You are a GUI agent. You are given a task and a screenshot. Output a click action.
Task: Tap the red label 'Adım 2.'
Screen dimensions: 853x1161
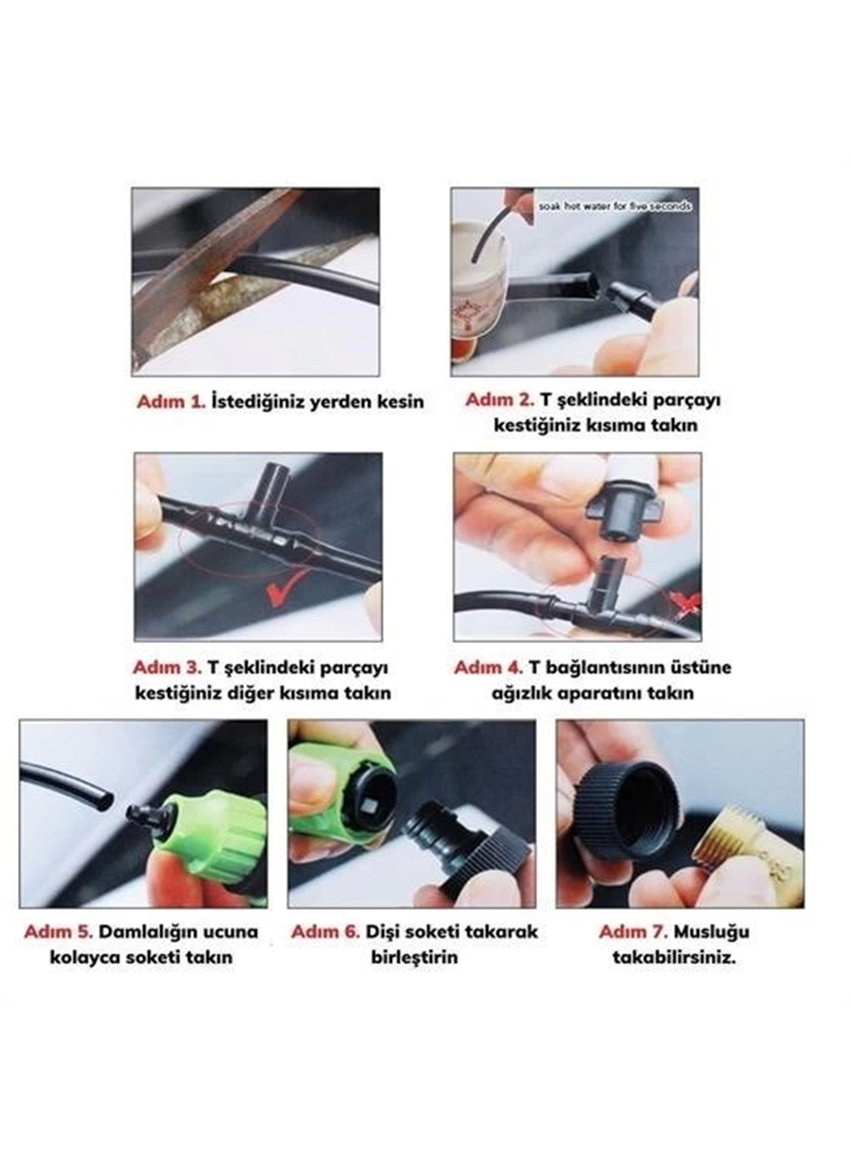pyautogui.click(x=500, y=400)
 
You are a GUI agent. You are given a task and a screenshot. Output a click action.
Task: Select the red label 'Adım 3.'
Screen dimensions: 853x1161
pyautogui.click(x=167, y=667)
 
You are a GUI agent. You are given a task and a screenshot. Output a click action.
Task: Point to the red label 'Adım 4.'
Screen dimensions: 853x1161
pyautogui.click(x=488, y=667)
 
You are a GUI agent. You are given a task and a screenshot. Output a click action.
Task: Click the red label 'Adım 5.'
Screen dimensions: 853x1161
pyautogui.click(x=59, y=932)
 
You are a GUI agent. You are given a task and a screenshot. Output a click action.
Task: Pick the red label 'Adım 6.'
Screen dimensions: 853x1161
pyautogui.click(x=326, y=932)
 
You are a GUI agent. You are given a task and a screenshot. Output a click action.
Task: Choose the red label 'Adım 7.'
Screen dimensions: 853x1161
pyautogui.click(x=633, y=932)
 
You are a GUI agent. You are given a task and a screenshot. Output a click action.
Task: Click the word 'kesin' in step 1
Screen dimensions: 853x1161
pyautogui.click(x=400, y=402)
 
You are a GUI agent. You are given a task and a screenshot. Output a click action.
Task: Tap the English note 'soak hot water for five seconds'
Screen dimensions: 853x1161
pyautogui.click(x=614, y=206)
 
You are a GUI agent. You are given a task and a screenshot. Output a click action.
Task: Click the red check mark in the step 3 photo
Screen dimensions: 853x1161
pyautogui.click(x=283, y=592)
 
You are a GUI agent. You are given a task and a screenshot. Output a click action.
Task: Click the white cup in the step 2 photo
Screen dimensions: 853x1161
pyautogui.click(x=480, y=290)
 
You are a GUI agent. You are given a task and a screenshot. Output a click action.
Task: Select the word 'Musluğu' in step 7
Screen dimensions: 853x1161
pyautogui.click(x=711, y=932)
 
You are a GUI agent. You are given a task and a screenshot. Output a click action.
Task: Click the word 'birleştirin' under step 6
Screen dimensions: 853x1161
pyautogui.click(x=415, y=957)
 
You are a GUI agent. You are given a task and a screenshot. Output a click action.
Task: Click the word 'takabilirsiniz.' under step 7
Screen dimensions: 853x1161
pyautogui.click(x=674, y=957)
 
